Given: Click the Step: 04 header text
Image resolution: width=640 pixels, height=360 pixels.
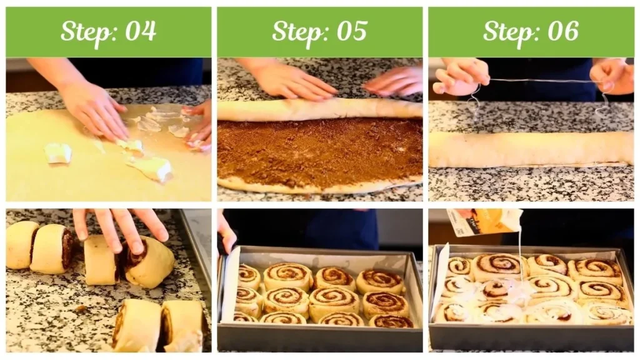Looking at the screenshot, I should pyautogui.click(x=108, y=31).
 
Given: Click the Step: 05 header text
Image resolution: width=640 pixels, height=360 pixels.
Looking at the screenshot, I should pyautogui.click(x=319, y=31).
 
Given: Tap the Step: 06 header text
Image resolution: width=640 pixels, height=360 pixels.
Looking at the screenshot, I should pyautogui.click(x=531, y=31).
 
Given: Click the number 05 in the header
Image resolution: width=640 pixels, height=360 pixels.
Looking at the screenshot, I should pyautogui.click(x=352, y=31).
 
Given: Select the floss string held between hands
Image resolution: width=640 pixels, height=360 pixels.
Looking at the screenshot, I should pyautogui.click(x=537, y=81).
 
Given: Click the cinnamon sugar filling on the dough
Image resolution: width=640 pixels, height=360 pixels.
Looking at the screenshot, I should pyautogui.click(x=319, y=150).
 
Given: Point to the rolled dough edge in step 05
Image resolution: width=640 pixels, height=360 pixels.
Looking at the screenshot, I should pyautogui.click(x=319, y=110).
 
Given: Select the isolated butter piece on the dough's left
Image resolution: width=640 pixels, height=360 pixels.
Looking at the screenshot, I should pyautogui.click(x=58, y=152).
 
